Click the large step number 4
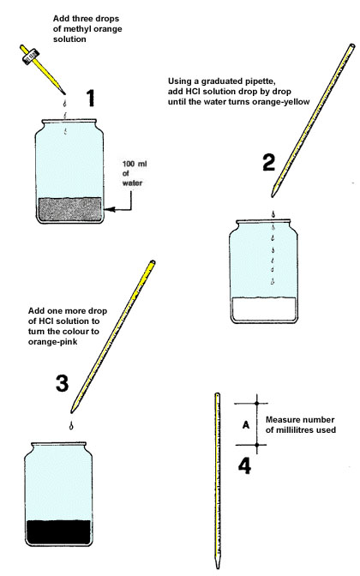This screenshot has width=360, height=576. coord(244,468)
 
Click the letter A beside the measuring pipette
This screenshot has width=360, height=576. coord(246,424)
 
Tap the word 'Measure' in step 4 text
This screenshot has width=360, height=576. coord(284,419)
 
